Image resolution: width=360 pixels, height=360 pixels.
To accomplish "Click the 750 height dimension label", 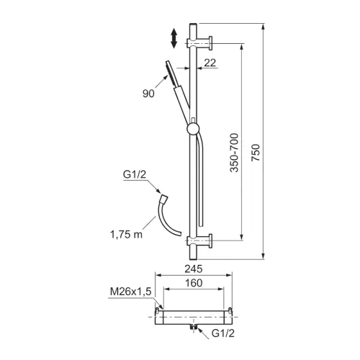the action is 256,153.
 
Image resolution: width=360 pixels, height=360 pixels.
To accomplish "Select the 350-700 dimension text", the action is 234,153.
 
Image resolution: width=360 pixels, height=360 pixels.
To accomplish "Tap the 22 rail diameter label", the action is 210,63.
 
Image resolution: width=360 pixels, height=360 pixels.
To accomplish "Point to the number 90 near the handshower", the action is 148,94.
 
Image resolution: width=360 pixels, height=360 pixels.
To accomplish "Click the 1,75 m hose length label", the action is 126,234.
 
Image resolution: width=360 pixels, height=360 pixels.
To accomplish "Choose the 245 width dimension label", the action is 194,269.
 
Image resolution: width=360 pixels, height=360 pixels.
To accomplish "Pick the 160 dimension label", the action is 194,283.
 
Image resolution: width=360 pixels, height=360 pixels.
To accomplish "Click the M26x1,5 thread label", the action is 130,292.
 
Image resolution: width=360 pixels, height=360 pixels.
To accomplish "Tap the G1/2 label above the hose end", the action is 135,174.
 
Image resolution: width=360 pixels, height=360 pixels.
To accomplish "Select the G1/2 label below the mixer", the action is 223,333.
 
